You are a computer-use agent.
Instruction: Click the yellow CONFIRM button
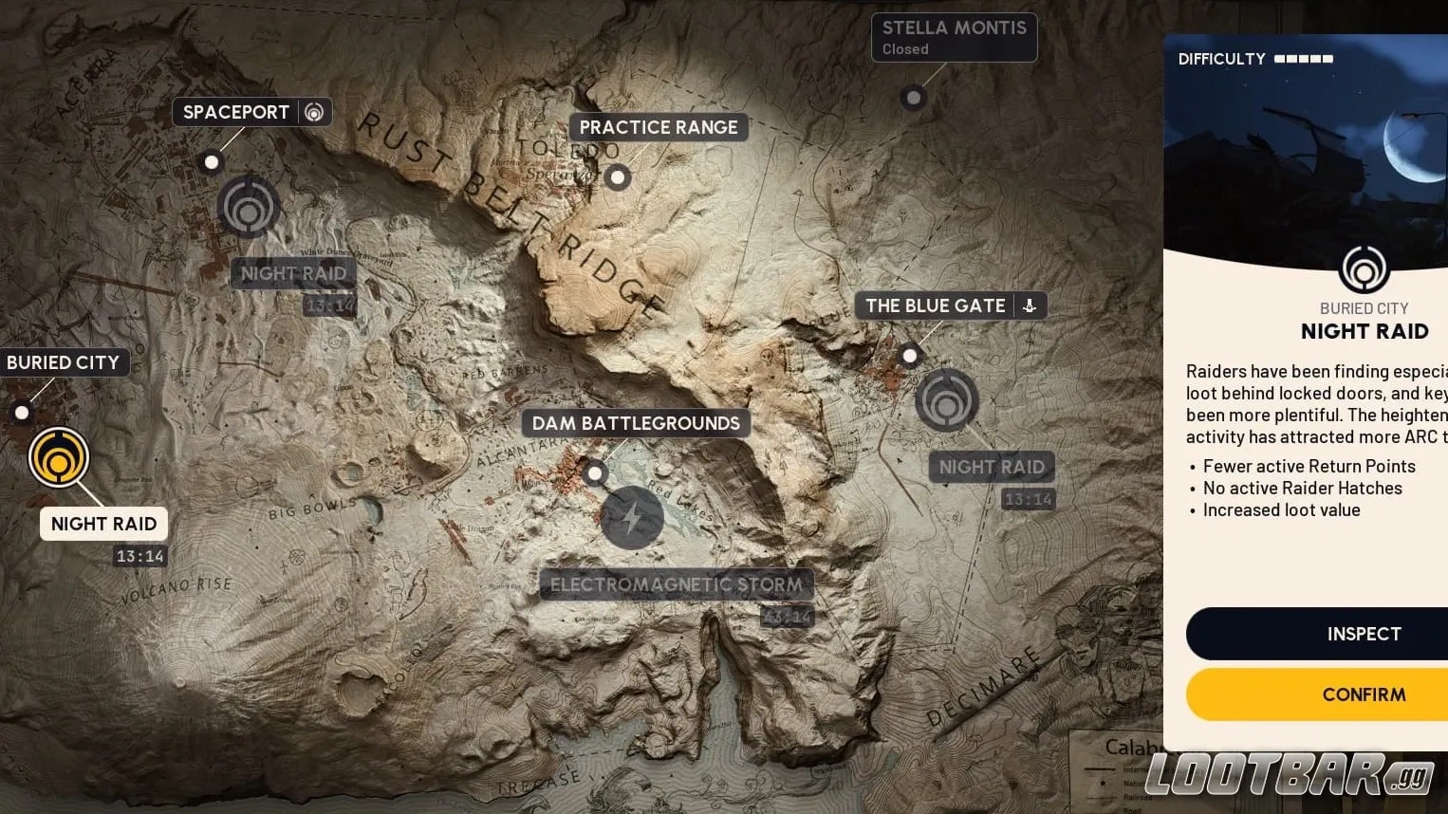tap(1363, 694)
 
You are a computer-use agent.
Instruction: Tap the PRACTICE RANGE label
tap(658, 127)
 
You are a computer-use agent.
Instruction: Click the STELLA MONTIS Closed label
tap(954, 38)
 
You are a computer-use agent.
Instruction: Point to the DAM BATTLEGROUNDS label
tap(635, 423)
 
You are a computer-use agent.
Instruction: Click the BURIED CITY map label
tap(63, 362)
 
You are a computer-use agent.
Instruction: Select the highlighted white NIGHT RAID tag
tap(103, 524)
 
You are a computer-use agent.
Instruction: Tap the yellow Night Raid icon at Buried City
tap(59, 457)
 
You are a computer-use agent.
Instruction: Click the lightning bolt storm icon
tap(632, 518)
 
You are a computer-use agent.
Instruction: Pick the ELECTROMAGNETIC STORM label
tap(676, 584)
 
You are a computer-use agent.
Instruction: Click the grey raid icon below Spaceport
tap(249, 208)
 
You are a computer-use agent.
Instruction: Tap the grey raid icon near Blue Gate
tap(946, 400)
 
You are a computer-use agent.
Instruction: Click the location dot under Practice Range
tap(618, 176)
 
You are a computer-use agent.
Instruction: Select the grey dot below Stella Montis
tap(913, 97)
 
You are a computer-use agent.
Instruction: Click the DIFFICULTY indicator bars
tap(1304, 59)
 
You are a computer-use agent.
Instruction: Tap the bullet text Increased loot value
tap(1281, 510)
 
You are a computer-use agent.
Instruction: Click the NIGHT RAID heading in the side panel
tap(1364, 331)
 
